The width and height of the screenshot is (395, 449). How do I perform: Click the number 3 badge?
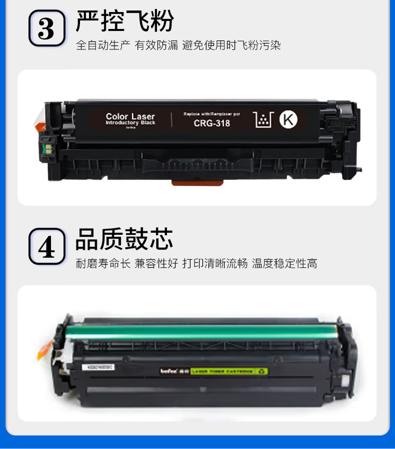click(46, 28)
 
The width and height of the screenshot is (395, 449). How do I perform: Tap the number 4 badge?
click(46, 246)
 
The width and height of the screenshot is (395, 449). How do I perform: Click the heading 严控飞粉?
click(124, 21)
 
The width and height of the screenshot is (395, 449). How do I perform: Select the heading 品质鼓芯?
click(124, 240)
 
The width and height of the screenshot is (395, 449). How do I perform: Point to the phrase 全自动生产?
click(103, 45)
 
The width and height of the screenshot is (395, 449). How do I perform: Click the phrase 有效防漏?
click(156, 45)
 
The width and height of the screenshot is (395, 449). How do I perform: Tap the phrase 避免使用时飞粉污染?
click(231, 45)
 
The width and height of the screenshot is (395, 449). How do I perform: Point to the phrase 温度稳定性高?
click(284, 263)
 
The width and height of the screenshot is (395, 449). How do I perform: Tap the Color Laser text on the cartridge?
click(130, 116)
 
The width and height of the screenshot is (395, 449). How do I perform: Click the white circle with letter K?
click(288, 119)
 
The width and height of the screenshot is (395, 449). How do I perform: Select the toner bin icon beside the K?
click(263, 120)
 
